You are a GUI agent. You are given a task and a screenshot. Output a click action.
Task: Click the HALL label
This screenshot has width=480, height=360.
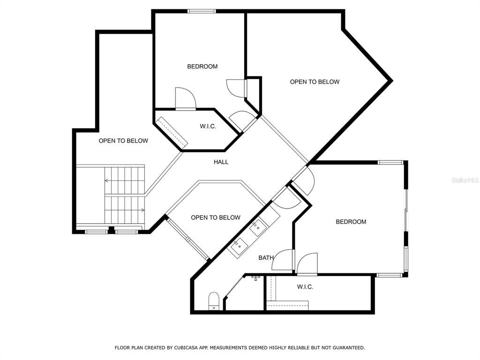coord(221,162)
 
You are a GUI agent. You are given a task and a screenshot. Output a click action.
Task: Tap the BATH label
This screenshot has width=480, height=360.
coord(266,258)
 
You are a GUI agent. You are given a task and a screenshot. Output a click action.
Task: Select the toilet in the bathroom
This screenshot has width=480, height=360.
coord(214,301)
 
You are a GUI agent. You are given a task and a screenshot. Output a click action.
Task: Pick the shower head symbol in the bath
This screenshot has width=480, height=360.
coord(255,278)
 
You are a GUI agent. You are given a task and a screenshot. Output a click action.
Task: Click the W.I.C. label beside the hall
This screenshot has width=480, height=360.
coord(208,126)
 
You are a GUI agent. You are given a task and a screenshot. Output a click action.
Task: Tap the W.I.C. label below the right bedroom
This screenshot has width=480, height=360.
coord(305,286)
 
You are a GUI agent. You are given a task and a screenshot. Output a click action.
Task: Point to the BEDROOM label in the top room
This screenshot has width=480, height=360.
coord(202,67)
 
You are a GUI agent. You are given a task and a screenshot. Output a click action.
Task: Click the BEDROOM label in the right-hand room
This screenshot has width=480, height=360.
coord(351,222)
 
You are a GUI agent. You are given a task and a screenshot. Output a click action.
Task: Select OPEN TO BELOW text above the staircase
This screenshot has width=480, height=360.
coord(123,141)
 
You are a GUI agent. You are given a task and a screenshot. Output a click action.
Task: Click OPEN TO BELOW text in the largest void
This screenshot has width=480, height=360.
coord(314,82)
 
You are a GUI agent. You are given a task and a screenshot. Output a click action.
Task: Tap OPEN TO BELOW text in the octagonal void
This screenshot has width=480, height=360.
coord(215,217)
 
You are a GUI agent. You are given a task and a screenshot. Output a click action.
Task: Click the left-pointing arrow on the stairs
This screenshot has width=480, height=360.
coord(107,180)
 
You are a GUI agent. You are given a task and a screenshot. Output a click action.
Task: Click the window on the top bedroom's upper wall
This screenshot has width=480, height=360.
coord(202,11)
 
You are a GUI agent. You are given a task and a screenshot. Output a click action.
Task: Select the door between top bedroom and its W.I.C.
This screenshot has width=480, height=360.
coord(185,98)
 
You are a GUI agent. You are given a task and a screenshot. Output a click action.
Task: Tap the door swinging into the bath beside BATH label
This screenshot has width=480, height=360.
coord(283,261)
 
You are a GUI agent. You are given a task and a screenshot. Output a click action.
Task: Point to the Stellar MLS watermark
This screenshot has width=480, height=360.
coord(465,180)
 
